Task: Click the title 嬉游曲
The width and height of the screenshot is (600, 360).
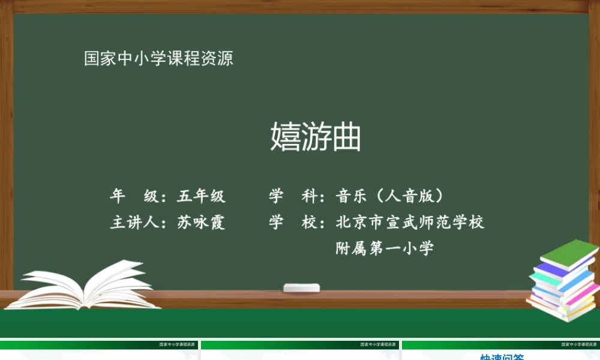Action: (316, 137)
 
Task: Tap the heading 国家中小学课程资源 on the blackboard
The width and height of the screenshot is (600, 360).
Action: (158, 59)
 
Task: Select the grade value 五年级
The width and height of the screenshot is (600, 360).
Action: (201, 196)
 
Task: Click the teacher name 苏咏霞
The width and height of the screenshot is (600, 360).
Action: (201, 223)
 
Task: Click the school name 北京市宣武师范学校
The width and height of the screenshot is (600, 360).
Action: (410, 223)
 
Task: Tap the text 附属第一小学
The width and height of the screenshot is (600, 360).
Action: (385, 248)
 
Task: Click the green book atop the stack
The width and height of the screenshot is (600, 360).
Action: (570, 253)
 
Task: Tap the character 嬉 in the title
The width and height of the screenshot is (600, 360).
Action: (285, 137)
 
